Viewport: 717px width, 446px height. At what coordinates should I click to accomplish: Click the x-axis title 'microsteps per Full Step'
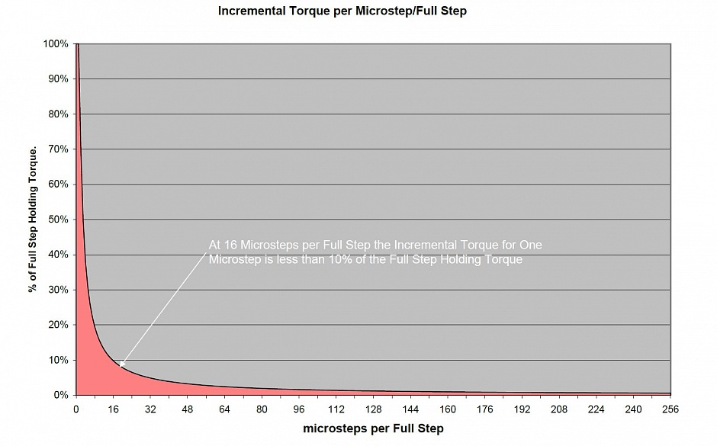pos(373,428)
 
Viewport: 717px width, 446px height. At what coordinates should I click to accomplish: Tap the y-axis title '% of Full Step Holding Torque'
pos(33,219)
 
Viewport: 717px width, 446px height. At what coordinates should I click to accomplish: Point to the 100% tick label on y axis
pos(56,43)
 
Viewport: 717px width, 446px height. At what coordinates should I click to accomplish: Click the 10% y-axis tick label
pos(59,360)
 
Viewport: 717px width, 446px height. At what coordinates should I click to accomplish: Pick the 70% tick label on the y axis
pos(59,149)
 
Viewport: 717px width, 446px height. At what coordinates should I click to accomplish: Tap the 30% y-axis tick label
pos(59,290)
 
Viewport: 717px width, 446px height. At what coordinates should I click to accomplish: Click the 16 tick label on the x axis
pos(113,409)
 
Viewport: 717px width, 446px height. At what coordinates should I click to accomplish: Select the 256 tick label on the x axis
pos(670,409)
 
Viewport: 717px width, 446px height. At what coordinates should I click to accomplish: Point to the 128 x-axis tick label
pos(373,409)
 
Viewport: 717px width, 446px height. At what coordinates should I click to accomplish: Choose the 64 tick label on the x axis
pos(224,409)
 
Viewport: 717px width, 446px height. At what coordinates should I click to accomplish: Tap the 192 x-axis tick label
pos(522,409)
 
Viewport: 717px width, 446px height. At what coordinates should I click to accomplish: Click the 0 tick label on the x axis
pos(76,409)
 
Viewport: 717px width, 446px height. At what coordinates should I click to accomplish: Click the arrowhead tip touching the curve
pos(119,367)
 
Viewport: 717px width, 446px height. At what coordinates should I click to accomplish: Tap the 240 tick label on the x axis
pos(633,409)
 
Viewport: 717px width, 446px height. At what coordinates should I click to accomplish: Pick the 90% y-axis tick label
pos(59,79)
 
